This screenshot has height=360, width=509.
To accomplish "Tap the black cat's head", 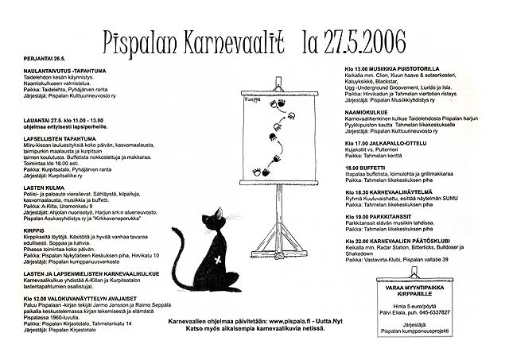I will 212,223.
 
